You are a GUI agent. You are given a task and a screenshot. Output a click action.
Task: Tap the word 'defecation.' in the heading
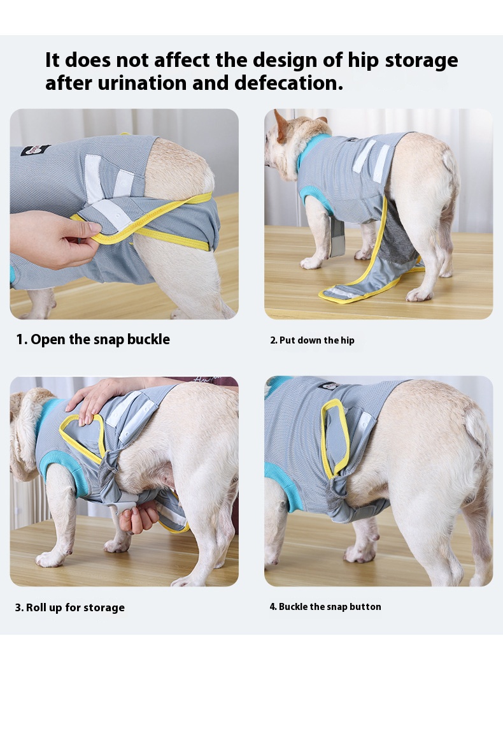pos(289,83)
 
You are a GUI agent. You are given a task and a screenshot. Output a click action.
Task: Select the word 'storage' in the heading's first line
pos(421,61)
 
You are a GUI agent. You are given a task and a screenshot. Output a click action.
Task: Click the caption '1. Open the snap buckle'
pos(93,339)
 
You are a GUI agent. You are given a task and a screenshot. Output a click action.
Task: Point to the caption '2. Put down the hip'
pos(312,340)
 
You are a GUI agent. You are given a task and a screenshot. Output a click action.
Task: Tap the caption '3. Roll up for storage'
pos(70,607)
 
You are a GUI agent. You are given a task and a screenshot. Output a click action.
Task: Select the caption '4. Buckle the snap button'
pos(325,607)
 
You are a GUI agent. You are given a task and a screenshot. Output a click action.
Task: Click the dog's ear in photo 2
pos(281,126)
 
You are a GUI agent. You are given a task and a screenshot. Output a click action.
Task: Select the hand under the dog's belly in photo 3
pos(138,516)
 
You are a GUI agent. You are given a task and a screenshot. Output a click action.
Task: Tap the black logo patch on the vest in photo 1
pos(35,151)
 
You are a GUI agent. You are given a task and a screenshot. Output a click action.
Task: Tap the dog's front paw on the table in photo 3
pos(50,558)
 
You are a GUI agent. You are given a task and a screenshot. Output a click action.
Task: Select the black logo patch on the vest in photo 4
pos(329,386)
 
